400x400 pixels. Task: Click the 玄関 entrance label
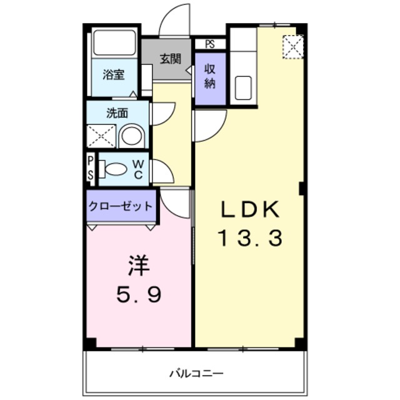[170, 60]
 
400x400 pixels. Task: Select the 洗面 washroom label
[117, 113]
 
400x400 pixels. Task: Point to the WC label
[138, 169]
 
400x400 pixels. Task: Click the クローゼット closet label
[121, 206]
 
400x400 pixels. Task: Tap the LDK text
[248, 211]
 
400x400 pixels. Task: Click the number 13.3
[250, 238]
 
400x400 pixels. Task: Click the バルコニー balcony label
[196, 373]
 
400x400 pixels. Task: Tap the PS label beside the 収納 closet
[209, 44]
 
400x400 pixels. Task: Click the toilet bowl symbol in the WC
[114, 169]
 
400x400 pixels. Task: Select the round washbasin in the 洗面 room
[131, 136]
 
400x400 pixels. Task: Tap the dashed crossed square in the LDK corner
[292, 46]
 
